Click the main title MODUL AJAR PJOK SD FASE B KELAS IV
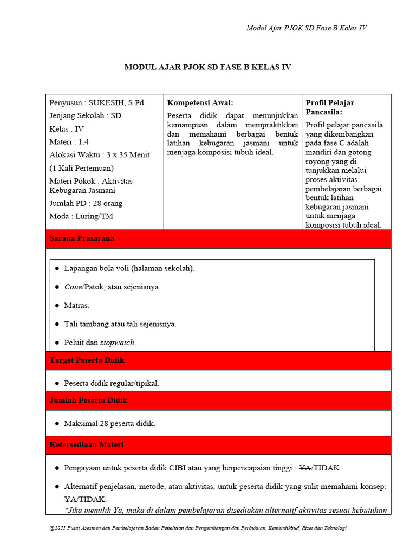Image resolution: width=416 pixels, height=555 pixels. [208, 67]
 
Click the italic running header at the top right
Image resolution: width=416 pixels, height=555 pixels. [307, 28]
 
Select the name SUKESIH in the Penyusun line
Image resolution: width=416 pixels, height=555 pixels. [108, 103]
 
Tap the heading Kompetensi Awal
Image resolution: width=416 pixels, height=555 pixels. [200, 103]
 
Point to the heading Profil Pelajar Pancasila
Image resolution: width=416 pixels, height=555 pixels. [330, 107]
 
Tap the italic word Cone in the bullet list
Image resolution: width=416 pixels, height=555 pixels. [73, 287]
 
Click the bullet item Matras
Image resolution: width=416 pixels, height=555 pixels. [76, 306]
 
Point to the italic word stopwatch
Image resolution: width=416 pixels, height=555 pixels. [118, 343]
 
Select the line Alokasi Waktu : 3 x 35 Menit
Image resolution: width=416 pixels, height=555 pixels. [100, 155]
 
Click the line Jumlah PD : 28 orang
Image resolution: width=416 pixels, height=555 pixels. [86, 203]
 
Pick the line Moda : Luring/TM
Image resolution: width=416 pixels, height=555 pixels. [81, 216]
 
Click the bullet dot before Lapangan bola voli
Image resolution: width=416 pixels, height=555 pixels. [57, 268]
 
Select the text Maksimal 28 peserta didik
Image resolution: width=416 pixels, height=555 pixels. [109, 424]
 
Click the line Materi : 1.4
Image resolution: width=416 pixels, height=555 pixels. [69, 142]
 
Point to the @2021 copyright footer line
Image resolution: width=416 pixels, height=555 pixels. [198, 528]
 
